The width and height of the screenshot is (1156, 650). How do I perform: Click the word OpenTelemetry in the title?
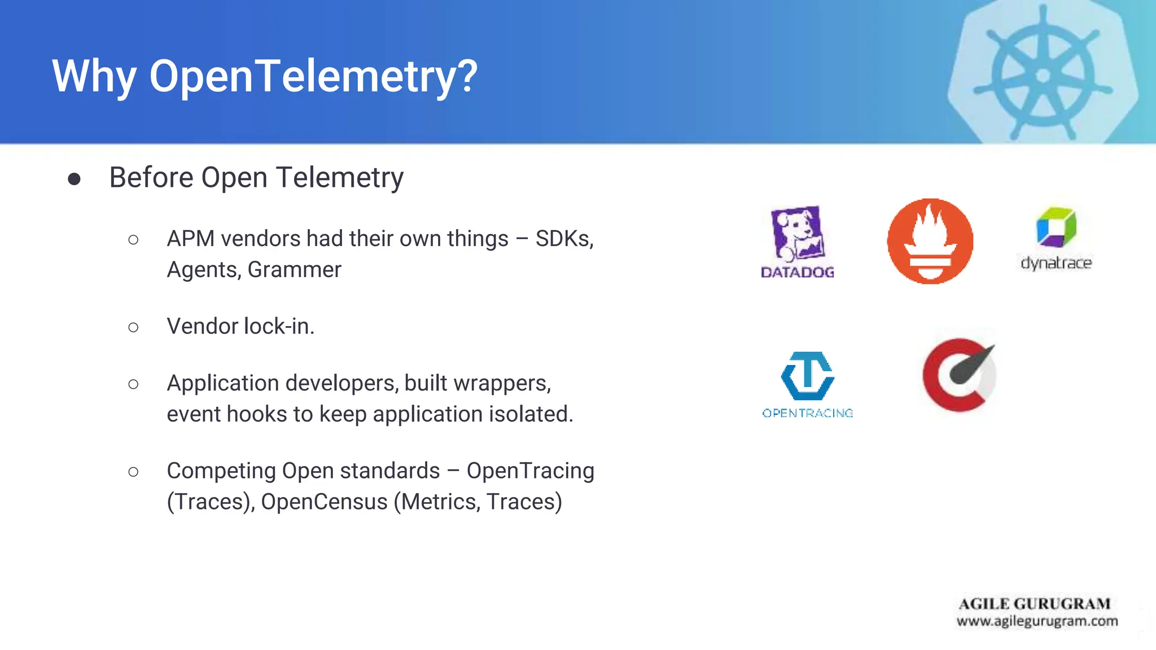(313, 77)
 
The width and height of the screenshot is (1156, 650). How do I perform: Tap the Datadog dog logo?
(797, 232)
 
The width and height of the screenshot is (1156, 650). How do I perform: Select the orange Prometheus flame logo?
(930, 241)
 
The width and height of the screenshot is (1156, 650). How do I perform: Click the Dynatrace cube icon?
(1056, 227)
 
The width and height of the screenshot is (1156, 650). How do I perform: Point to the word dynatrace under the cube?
(1056, 263)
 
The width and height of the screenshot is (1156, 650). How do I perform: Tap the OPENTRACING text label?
(807, 414)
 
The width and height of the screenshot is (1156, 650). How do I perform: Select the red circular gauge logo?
(959, 375)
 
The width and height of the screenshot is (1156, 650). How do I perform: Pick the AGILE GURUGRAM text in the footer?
(1035, 604)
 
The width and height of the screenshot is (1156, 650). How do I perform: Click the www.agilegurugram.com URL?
(1037, 621)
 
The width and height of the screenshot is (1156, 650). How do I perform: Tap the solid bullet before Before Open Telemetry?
(74, 179)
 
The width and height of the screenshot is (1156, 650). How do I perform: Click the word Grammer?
(294, 270)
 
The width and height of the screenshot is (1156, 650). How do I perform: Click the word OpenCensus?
(324, 502)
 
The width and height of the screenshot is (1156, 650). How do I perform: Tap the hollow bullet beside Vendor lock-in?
(133, 327)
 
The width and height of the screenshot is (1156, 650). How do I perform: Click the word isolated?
(531, 414)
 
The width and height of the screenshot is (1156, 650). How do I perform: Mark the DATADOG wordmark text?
(797, 272)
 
